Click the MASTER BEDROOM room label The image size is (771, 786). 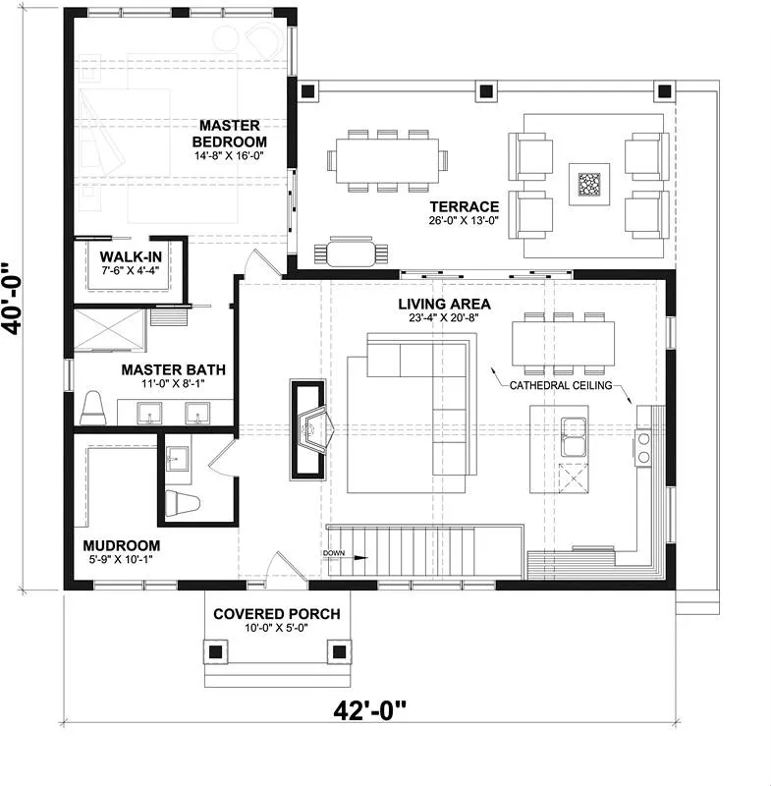click(x=230, y=134)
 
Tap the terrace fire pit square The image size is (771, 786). click(x=588, y=184)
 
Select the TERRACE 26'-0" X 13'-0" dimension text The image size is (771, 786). click(x=464, y=220)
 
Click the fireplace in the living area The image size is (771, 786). click(x=308, y=429)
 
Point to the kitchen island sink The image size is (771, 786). click(x=574, y=436)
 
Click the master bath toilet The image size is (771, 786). click(x=93, y=409)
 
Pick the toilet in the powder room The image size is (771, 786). click(x=183, y=504)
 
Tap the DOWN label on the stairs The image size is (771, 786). click(x=334, y=553)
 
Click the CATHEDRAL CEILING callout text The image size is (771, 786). click(x=561, y=385)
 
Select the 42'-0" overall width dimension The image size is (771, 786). click(x=369, y=710)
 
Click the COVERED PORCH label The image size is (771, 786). click(x=277, y=614)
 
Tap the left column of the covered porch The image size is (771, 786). click(x=215, y=651)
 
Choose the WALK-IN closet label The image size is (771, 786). click(x=131, y=257)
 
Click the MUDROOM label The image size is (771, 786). click(x=122, y=545)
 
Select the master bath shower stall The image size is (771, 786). click(x=110, y=330)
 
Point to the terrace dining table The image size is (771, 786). click(x=387, y=161)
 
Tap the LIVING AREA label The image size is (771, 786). click(x=444, y=304)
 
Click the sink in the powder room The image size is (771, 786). click(x=178, y=459)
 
